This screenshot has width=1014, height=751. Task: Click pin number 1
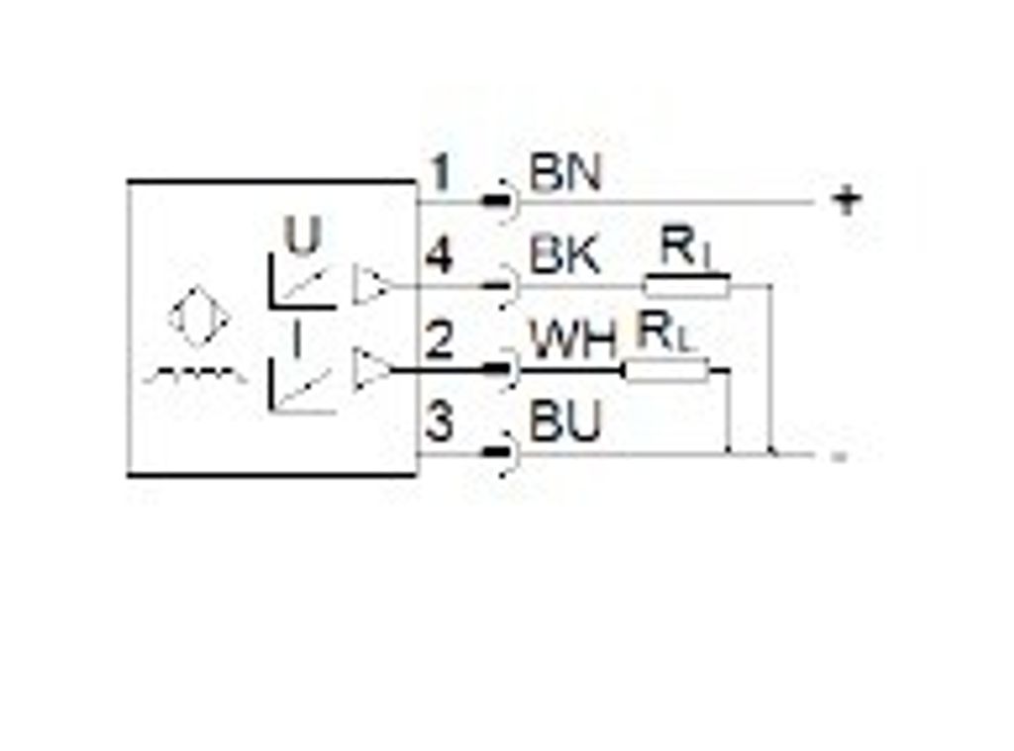[x=441, y=172]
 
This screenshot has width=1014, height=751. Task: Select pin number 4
[x=439, y=256]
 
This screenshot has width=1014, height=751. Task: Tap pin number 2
[x=439, y=340]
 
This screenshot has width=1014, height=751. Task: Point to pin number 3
[x=440, y=422]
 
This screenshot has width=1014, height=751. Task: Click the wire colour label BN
[x=565, y=173]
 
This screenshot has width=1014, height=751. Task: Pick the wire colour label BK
[x=564, y=256]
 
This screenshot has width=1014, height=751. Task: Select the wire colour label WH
[x=573, y=340]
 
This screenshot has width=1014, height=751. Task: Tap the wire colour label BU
[x=565, y=422]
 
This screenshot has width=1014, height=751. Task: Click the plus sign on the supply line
[x=848, y=200]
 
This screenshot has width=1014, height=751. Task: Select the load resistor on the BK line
[x=687, y=286]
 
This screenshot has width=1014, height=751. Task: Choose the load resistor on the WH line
[x=666, y=370]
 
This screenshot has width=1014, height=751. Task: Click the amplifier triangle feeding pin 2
[x=371, y=369]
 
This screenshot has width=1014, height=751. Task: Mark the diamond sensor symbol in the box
[x=199, y=318]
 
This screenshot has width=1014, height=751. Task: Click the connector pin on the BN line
[x=497, y=201]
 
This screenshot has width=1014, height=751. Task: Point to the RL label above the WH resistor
[x=663, y=331]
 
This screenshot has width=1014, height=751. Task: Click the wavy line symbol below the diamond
[x=195, y=374]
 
